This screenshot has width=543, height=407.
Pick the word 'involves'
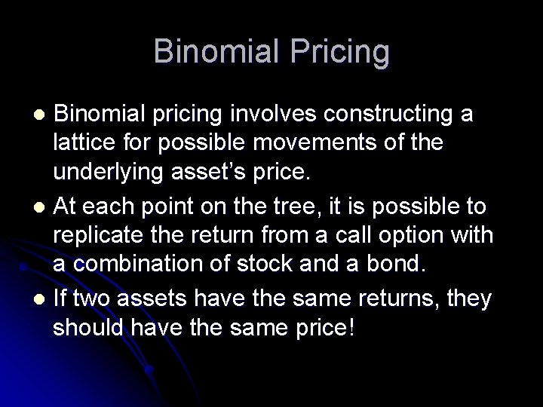271,115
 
